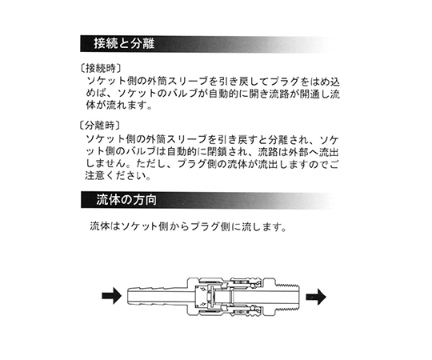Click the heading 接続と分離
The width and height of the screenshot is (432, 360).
pyautogui.click(x=124, y=43)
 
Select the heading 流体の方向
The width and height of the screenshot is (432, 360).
pyautogui.click(x=126, y=200)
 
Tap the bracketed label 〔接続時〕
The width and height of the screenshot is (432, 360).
pyautogui.click(x=100, y=68)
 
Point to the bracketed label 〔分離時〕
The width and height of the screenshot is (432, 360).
pyautogui.click(x=100, y=126)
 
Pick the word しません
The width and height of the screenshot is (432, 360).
pyautogui.click(x=105, y=164)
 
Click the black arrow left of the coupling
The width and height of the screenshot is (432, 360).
pyautogui.click(x=112, y=295)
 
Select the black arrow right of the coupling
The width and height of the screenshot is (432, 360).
pyautogui.click(x=316, y=297)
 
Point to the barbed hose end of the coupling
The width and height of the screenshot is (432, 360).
pyautogui.click(x=157, y=296)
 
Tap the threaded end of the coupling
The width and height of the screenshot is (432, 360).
pyautogui.click(x=287, y=296)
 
